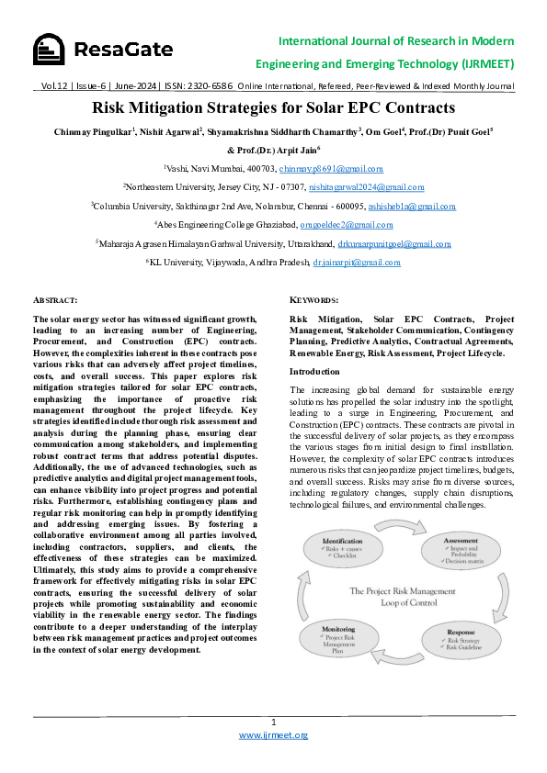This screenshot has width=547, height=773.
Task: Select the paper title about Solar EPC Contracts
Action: (273, 106)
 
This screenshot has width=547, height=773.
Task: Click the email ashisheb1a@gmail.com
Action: (405, 207)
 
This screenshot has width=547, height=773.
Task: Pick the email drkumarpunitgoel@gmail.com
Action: (394, 243)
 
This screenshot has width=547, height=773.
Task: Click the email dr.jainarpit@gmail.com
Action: (357, 263)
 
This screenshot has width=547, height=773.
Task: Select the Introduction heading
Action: (314, 371)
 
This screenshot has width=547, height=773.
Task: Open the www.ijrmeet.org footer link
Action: (273, 735)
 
